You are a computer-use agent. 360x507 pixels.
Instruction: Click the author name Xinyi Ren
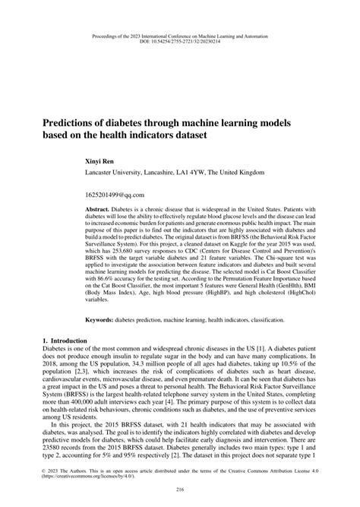click(104, 162)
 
